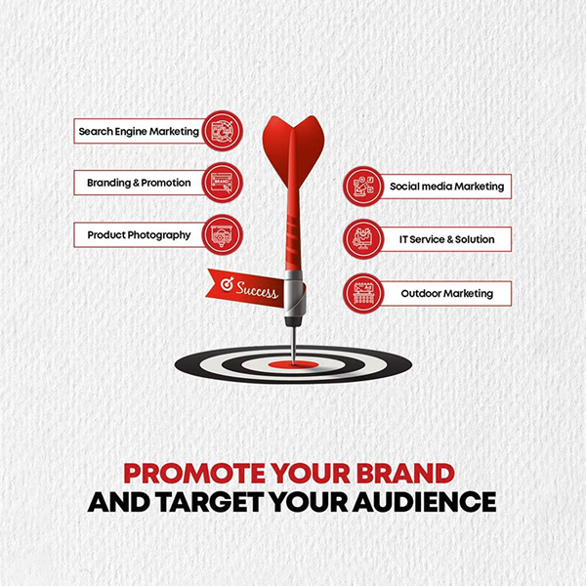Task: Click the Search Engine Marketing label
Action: (139, 131)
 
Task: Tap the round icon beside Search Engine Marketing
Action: (223, 131)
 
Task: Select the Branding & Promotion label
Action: (139, 183)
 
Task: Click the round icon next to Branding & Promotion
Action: (223, 183)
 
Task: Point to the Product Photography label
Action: (139, 235)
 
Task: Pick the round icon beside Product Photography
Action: (223, 234)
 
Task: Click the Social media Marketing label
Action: (447, 187)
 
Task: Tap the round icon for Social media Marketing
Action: (363, 187)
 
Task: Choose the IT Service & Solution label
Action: (447, 239)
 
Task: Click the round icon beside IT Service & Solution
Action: (363, 239)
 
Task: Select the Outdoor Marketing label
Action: (447, 293)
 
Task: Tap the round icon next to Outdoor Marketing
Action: (363, 293)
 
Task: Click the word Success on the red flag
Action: (257, 290)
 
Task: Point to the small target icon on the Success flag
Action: (227, 284)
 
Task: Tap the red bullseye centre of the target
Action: (293, 364)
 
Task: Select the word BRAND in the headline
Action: (405, 473)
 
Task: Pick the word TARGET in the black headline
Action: (210, 502)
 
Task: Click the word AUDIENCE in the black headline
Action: (424, 502)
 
